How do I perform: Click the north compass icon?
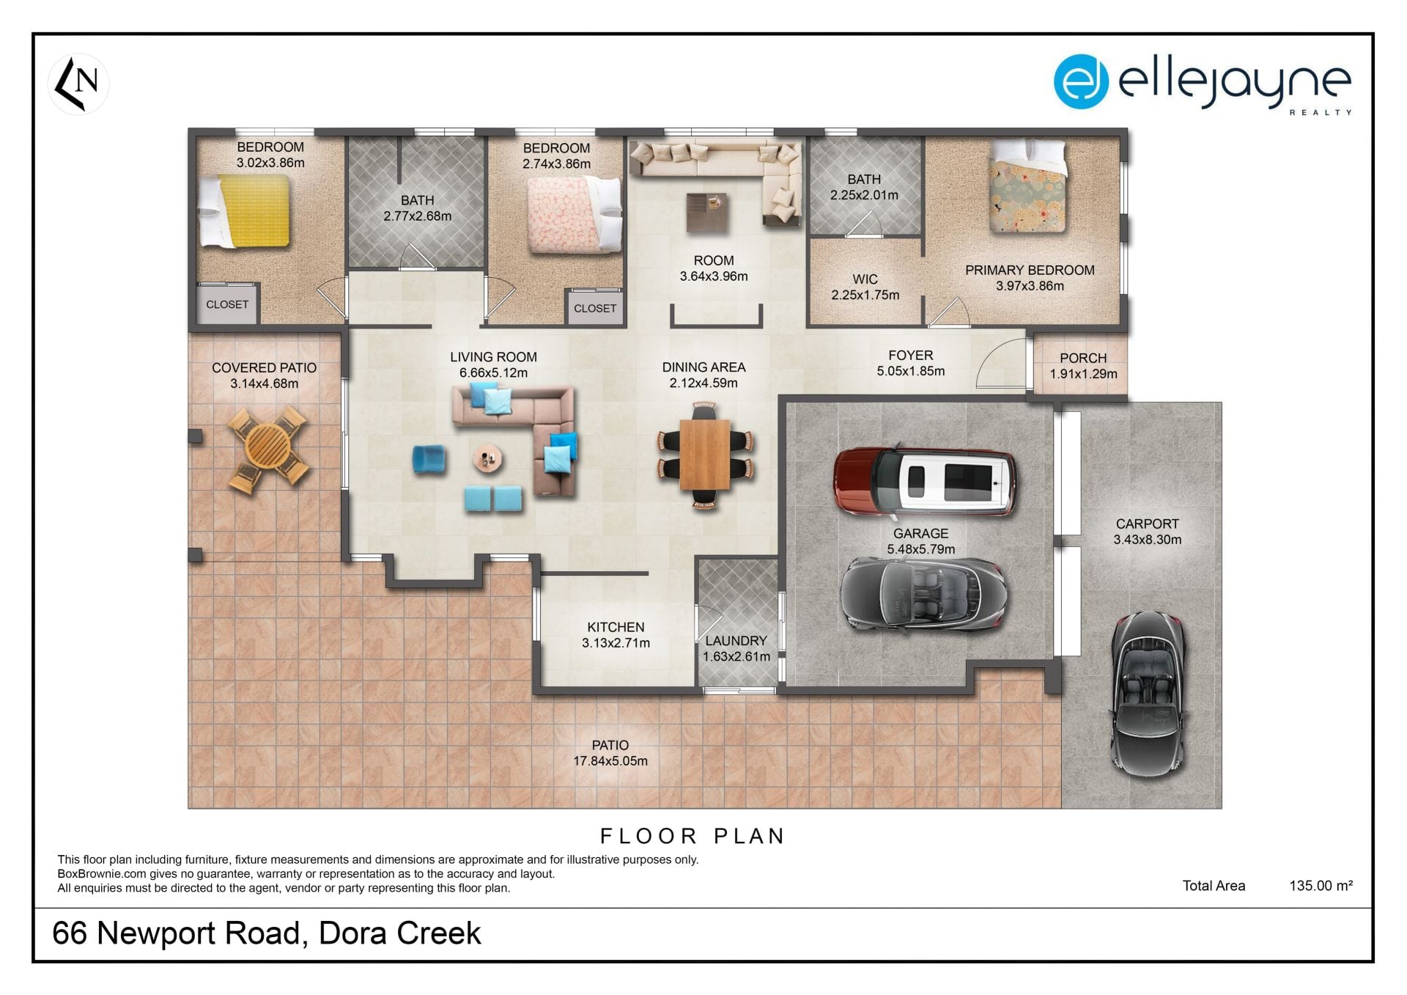pyautogui.click(x=78, y=84)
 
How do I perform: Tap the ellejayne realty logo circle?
pyautogui.click(x=1080, y=81)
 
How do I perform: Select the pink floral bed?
pyautogui.click(x=575, y=216)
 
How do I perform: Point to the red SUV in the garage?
pyautogui.click(x=926, y=481)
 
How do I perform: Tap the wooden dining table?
pyautogui.click(x=704, y=455)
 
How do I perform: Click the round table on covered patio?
pyautogui.click(x=267, y=448)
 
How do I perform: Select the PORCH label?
pyautogui.click(x=1083, y=358)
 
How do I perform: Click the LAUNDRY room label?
pyautogui.click(x=736, y=641)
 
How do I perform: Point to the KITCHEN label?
pyautogui.click(x=616, y=627)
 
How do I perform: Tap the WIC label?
pyautogui.click(x=865, y=279)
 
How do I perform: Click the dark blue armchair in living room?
pyautogui.click(x=429, y=459)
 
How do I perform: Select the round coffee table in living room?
pyautogui.click(x=487, y=460)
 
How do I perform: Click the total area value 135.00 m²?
pyautogui.click(x=1321, y=886)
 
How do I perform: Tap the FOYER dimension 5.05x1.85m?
pyautogui.click(x=911, y=371)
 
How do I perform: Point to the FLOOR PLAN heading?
pyautogui.click(x=693, y=836)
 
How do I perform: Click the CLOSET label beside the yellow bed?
pyautogui.click(x=227, y=304)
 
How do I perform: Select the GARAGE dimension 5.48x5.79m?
pyautogui.click(x=921, y=549)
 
